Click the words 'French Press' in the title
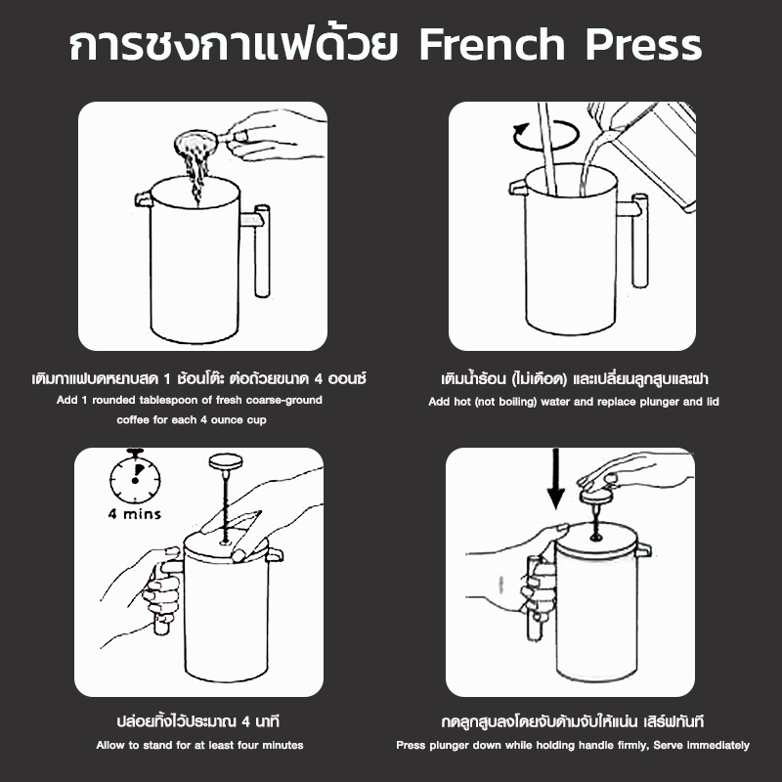[x=560, y=46]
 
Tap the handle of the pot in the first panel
[x=262, y=249]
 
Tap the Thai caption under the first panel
[x=198, y=377]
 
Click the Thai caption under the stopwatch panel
[x=198, y=722]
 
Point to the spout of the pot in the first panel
[x=144, y=198]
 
